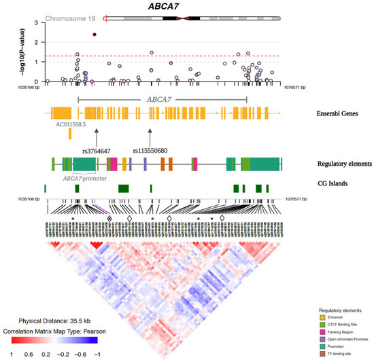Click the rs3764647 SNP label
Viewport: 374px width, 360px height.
(x=97, y=150)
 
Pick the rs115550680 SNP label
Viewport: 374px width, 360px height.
(x=150, y=150)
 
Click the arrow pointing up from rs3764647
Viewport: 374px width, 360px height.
(x=97, y=136)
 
